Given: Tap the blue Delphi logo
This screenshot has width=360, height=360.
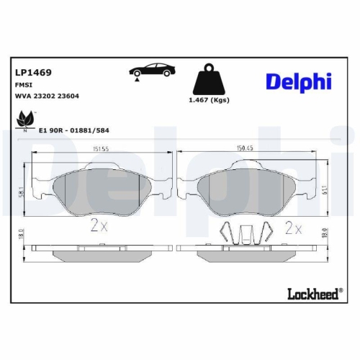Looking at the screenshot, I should [x=297, y=81].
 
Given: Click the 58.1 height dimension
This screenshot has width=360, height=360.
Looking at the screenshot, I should [x=22, y=190].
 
